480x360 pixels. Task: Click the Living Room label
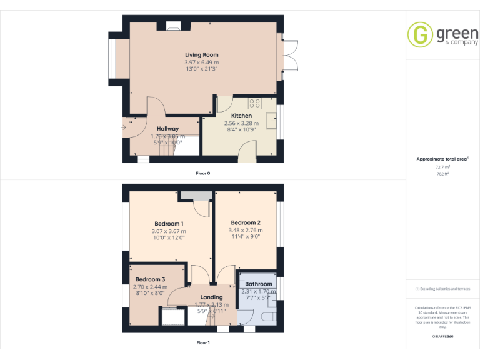click(x=201, y=55)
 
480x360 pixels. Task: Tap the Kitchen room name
click(x=241, y=116)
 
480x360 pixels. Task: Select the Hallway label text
click(x=167, y=129)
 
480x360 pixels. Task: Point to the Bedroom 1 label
click(x=169, y=224)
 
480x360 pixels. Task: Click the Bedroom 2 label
click(x=246, y=222)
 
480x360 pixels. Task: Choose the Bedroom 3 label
click(x=151, y=279)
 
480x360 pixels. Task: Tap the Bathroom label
click(x=259, y=284)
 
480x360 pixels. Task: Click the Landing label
click(x=211, y=297)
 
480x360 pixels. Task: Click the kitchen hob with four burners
click(x=255, y=103)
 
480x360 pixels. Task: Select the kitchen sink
click(x=271, y=120)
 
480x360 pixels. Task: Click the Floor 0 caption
click(x=202, y=172)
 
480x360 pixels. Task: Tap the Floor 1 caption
click(x=202, y=342)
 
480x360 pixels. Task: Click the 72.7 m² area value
click(x=442, y=167)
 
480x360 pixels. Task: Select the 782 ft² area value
click(x=442, y=174)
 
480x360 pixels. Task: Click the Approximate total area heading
click(x=442, y=159)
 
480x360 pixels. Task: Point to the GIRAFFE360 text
click(x=442, y=337)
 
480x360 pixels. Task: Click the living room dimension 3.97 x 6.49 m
click(x=201, y=62)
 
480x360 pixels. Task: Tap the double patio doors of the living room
click(x=289, y=62)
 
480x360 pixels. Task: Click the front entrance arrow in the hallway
click(x=123, y=129)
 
